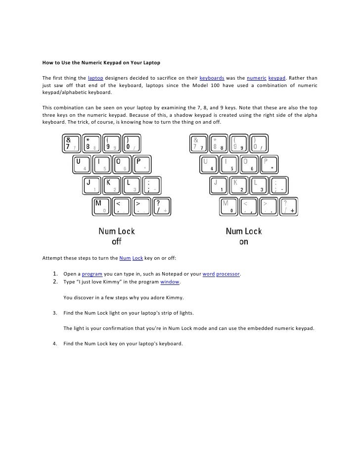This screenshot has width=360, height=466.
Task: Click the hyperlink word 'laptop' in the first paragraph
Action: coord(95,78)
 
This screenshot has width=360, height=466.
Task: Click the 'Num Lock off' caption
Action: coord(116,236)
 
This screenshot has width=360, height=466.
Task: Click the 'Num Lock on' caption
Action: coord(244,236)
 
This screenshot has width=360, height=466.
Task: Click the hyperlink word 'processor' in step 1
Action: coord(228,274)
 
